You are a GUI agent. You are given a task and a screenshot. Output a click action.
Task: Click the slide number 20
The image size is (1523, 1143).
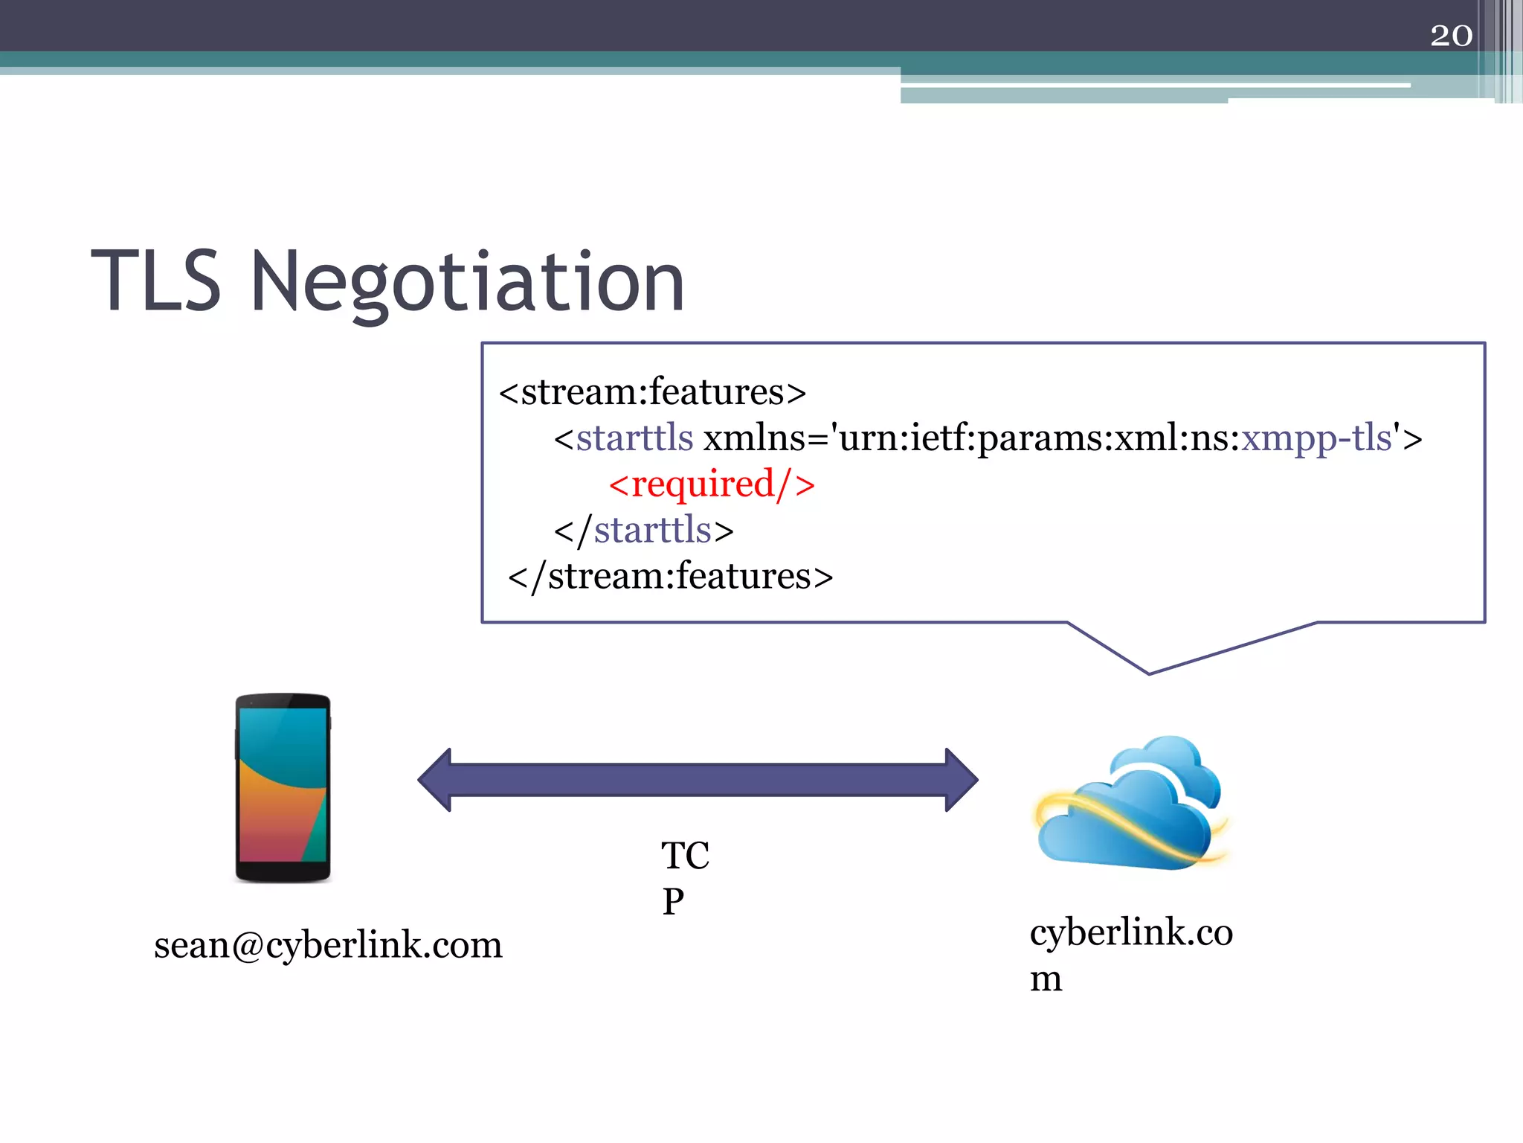click(x=1450, y=35)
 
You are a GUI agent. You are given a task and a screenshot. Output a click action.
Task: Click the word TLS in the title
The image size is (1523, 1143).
click(x=156, y=281)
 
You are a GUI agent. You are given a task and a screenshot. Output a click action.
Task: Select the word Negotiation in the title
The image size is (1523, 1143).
click(x=467, y=283)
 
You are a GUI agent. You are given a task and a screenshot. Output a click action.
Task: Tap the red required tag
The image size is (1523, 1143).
click(x=712, y=484)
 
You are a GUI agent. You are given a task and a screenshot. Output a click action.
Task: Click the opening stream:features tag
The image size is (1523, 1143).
click(x=652, y=392)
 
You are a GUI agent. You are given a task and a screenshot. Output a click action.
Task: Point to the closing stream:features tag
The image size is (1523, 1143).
click(x=670, y=577)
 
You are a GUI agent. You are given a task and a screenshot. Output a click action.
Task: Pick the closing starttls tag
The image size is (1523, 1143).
click(x=644, y=531)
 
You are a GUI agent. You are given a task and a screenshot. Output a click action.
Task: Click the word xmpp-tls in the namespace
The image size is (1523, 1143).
click(x=1316, y=438)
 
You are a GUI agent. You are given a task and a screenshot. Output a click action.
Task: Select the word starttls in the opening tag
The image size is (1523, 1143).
click(x=634, y=438)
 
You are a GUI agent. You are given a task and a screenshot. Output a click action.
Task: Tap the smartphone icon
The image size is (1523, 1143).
click(x=283, y=788)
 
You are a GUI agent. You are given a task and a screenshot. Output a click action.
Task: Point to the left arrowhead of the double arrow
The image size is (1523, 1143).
click(x=436, y=780)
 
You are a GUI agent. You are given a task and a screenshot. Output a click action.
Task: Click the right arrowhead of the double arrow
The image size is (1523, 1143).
click(x=962, y=780)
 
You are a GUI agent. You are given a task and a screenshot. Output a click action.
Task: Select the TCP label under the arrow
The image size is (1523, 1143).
click(x=684, y=878)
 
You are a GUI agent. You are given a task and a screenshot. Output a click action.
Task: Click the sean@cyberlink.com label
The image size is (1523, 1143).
click(x=328, y=945)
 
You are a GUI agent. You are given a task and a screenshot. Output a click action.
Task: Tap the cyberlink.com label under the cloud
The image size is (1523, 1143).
click(x=1130, y=954)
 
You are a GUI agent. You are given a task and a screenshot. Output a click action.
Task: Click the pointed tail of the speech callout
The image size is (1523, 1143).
click(x=1150, y=670)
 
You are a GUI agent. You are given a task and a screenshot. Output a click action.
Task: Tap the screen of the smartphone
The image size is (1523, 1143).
click(x=283, y=784)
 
